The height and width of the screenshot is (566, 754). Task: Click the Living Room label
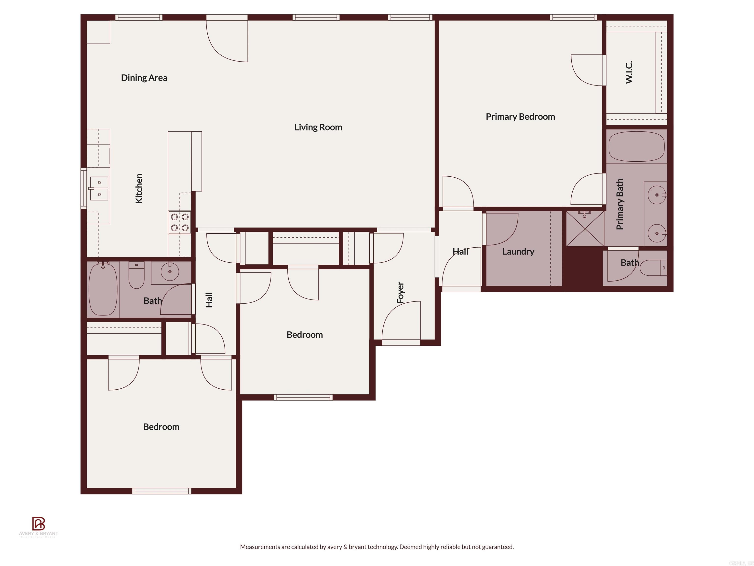(x=318, y=127)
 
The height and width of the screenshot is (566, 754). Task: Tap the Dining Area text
(x=144, y=78)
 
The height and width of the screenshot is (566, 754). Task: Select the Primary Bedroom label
(x=520, y=117)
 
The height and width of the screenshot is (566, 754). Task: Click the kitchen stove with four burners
(x=180, y=222)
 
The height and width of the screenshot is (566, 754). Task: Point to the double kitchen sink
(x=99, y=188)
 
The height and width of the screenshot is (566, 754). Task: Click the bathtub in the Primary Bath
(x=636, y=146)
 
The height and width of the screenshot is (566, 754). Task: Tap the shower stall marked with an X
(x=585, y=228)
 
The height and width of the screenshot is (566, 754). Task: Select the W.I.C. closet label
(x=629, y=72)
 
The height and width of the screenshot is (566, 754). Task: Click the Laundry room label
(x=518, y=252)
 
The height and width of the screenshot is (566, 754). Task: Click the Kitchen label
(x=139, y=189)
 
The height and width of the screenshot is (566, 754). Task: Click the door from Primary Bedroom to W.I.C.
(x=587, y=70)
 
